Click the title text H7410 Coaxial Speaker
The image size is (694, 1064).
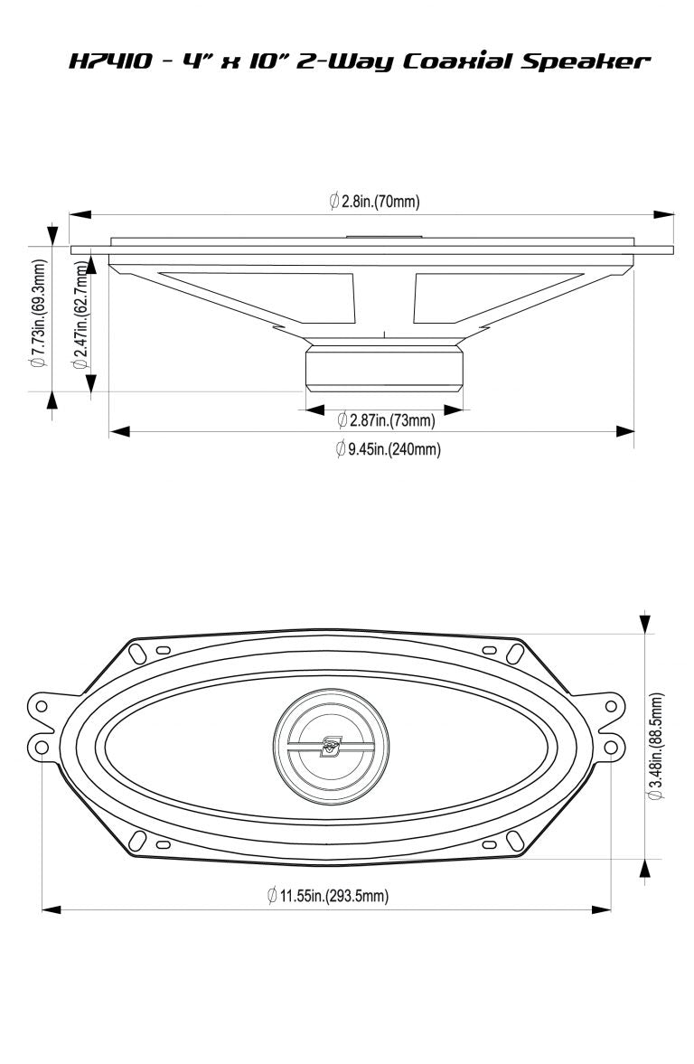(359, 61)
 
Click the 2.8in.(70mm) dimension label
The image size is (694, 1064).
(375, 201)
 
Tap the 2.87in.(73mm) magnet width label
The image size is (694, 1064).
(386, 419)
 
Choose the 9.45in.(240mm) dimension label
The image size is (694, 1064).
(388, 448)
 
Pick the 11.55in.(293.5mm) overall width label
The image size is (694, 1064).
(327, 896)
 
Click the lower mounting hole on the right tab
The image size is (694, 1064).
(612, 747)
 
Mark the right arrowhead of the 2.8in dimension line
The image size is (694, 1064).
(665, 215)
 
